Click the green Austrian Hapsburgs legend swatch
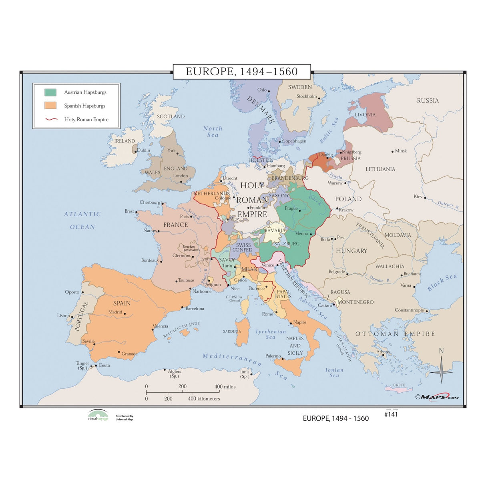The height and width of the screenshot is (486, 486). tap(50, 92)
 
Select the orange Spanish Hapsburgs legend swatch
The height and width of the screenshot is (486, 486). tap(50, 106)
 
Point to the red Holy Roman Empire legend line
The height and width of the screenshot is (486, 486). tap(52, 119)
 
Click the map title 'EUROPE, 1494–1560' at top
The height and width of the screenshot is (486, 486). tap(242, 72)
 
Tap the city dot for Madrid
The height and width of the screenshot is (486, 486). tap(125, 314)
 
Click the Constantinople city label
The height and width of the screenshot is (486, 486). tap(409, 310)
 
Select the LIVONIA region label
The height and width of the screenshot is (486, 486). tap(365, 114)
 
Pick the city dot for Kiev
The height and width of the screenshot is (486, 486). tap(425, 198)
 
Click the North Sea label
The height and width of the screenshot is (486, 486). tap(213, 131)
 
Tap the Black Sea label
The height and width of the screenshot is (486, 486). tap(442, 282)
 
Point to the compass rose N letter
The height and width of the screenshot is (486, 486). tap(441, 351)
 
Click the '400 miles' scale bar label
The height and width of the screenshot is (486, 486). tap(225, 387)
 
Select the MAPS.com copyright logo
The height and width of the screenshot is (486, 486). tap(437, 397)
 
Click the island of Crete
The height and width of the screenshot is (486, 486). tap(398, 389)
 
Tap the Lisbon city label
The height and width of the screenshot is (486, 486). tap(63, 315)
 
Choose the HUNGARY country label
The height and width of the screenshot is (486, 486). tap(351, 251)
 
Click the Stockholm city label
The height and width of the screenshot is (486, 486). tap(306, 96)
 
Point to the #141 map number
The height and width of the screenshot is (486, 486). tap(391, 415)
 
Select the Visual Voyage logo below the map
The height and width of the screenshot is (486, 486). tap(98, 415)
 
